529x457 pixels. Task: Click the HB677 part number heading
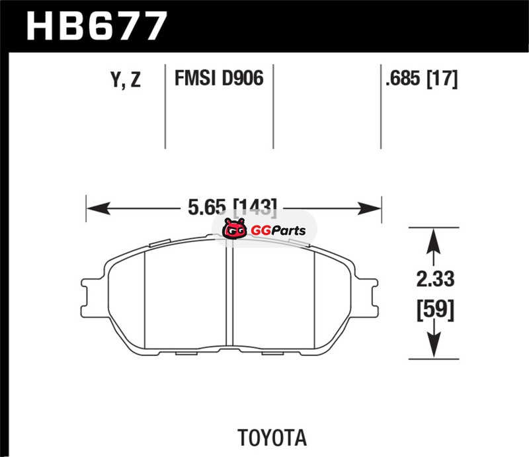click(97, 26)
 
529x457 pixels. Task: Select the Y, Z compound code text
click(126, 80)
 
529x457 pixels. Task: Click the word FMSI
click(194, 78)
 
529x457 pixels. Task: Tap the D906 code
click(242, 78)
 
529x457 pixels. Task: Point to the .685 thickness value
click(403, 78)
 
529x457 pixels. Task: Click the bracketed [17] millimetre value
click(442, 79)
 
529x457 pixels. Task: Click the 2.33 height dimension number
click(435, 279)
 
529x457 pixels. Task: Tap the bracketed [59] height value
click(436, 310)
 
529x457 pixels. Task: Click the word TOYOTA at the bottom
click(272, 438)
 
